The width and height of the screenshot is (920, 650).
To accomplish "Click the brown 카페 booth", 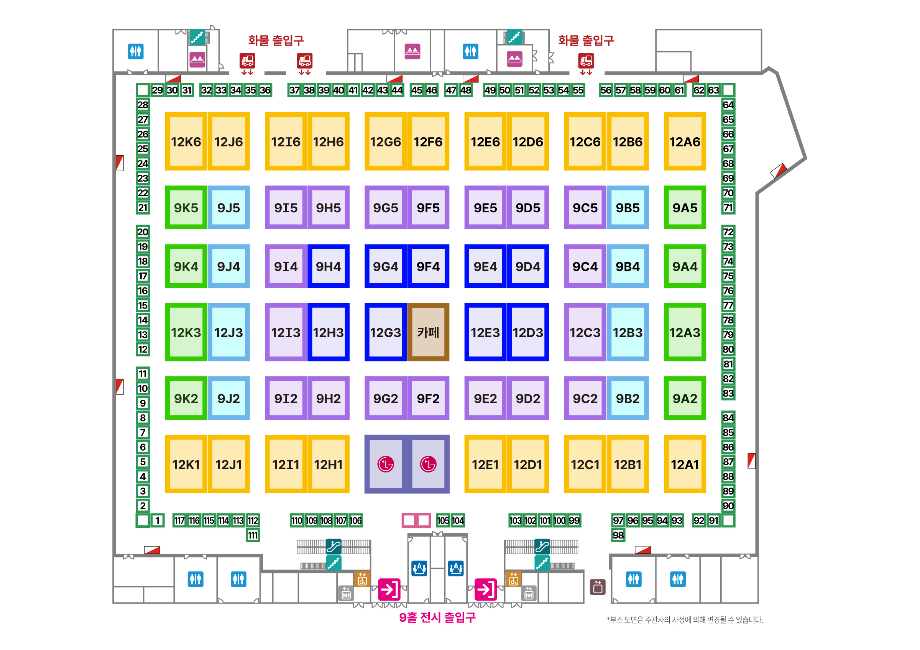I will (x=428, y=332).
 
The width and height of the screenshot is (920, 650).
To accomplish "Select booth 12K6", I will (x=186, y=141).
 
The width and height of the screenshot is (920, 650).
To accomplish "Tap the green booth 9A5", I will (x=684, y=207).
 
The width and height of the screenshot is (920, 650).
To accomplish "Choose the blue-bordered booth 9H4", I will (x=328, y=266).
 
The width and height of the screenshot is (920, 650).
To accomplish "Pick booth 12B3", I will (x=627, y=332).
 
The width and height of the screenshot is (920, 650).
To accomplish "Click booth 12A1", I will (x=684, y=464).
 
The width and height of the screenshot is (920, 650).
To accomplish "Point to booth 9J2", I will (x=228, y=398).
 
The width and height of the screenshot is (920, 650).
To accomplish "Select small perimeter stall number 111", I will (x=253, y=535).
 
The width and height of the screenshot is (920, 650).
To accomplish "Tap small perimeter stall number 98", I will (x=618, y=535).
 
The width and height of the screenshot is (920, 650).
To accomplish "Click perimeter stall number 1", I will (x=158, y=520).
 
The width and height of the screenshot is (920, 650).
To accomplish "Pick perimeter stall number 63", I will (x=713, y=90).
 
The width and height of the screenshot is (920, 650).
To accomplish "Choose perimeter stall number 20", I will (x=143, y=232).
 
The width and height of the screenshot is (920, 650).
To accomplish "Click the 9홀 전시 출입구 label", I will (x=437, y=617).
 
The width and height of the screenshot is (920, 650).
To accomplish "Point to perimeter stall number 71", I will (x=728, y=207).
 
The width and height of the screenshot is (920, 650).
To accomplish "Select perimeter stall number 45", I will (x=417, y=90).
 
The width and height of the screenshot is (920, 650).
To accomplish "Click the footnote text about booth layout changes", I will (x=684, y=620).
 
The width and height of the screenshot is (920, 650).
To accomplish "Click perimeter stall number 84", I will (x=728, y=418).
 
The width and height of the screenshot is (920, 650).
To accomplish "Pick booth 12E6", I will (x=485, y=141).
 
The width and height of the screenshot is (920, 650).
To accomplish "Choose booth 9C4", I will (x=585, y=266).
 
